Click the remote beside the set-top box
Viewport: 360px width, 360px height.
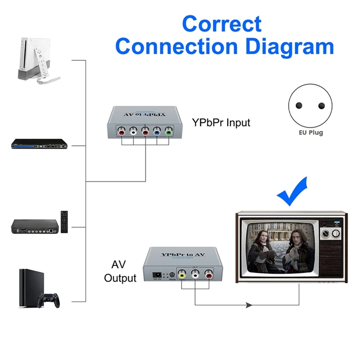click(65, 221)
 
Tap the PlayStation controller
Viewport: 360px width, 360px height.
click(49, 299)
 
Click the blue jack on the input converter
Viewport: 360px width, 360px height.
click(157, 132)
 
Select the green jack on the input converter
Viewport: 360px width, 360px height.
click(168, 132)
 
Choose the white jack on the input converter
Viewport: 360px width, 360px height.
click(134, 132)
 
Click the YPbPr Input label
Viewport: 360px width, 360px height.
click(221, 122)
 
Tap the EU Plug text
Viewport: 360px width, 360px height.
click(310, 133)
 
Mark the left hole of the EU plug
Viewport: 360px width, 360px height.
click(298, 106)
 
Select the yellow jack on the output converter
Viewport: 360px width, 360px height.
click(182, 274)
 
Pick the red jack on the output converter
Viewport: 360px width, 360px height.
click(208, 274)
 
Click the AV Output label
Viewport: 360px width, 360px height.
click(120, 271)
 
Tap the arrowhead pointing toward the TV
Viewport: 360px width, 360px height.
click(249, 305)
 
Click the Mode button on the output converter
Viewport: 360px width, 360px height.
click(171, 275)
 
